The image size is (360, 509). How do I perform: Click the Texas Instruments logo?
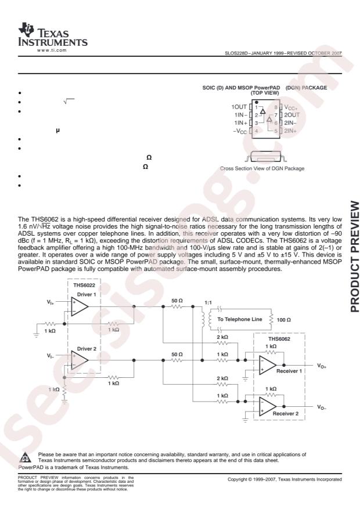coord(53,35)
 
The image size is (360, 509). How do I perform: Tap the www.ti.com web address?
coord(52,50)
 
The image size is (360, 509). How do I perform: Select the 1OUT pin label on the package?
coord(239,107)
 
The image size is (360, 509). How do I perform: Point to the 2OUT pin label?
coord(292,115)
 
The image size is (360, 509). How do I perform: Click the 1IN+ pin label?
coord(240,123)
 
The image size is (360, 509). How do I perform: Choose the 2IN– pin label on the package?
coord(290,123)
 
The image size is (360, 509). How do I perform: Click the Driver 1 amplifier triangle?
coord(80,306)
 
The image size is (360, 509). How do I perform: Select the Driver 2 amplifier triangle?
coord(80,360)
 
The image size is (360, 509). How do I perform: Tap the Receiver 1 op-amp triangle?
coord(268,365)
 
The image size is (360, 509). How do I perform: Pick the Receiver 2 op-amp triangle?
coord(268,406)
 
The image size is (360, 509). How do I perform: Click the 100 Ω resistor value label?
coord(284,320)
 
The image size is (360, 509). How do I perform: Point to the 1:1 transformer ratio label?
coord(208,302)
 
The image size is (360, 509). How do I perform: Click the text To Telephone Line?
coord(240,319)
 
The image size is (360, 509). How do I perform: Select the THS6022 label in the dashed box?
coord(84,286)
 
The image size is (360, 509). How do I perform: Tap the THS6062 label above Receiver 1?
coord(279,339)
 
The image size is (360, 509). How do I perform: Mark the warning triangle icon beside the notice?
coord(26,457)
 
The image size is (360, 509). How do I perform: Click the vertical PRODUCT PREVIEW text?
coord(355,257)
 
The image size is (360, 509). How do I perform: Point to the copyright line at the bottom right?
coord(285,479)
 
